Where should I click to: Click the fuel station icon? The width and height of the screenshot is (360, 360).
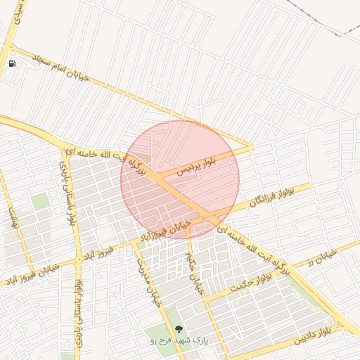click(12, 63)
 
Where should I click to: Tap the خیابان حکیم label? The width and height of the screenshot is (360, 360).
click(194, 271)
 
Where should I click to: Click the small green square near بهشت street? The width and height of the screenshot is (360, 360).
click(41, 202)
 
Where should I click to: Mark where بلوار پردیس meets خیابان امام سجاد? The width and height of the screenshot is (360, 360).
click(251, 147)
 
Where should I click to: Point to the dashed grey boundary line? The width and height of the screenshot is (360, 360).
click(330, 21)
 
